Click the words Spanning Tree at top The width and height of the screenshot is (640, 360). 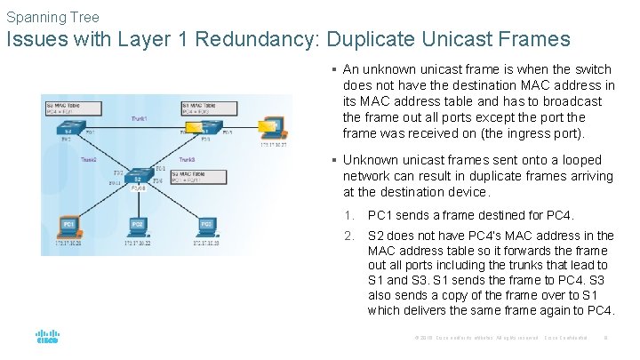(x=52, y=17)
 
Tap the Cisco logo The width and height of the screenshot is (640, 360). (x=47, y=338)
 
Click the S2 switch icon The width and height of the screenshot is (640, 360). (x=138, y=178)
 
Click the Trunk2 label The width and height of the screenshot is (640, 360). (x=89, y=160)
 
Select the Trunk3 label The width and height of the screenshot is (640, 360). (x=187, y=160)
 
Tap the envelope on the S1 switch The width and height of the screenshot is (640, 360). (x=190, y=132)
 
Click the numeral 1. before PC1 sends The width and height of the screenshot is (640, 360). (x=350, y=215)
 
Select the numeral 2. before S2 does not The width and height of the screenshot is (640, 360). (x=350, y=236)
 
